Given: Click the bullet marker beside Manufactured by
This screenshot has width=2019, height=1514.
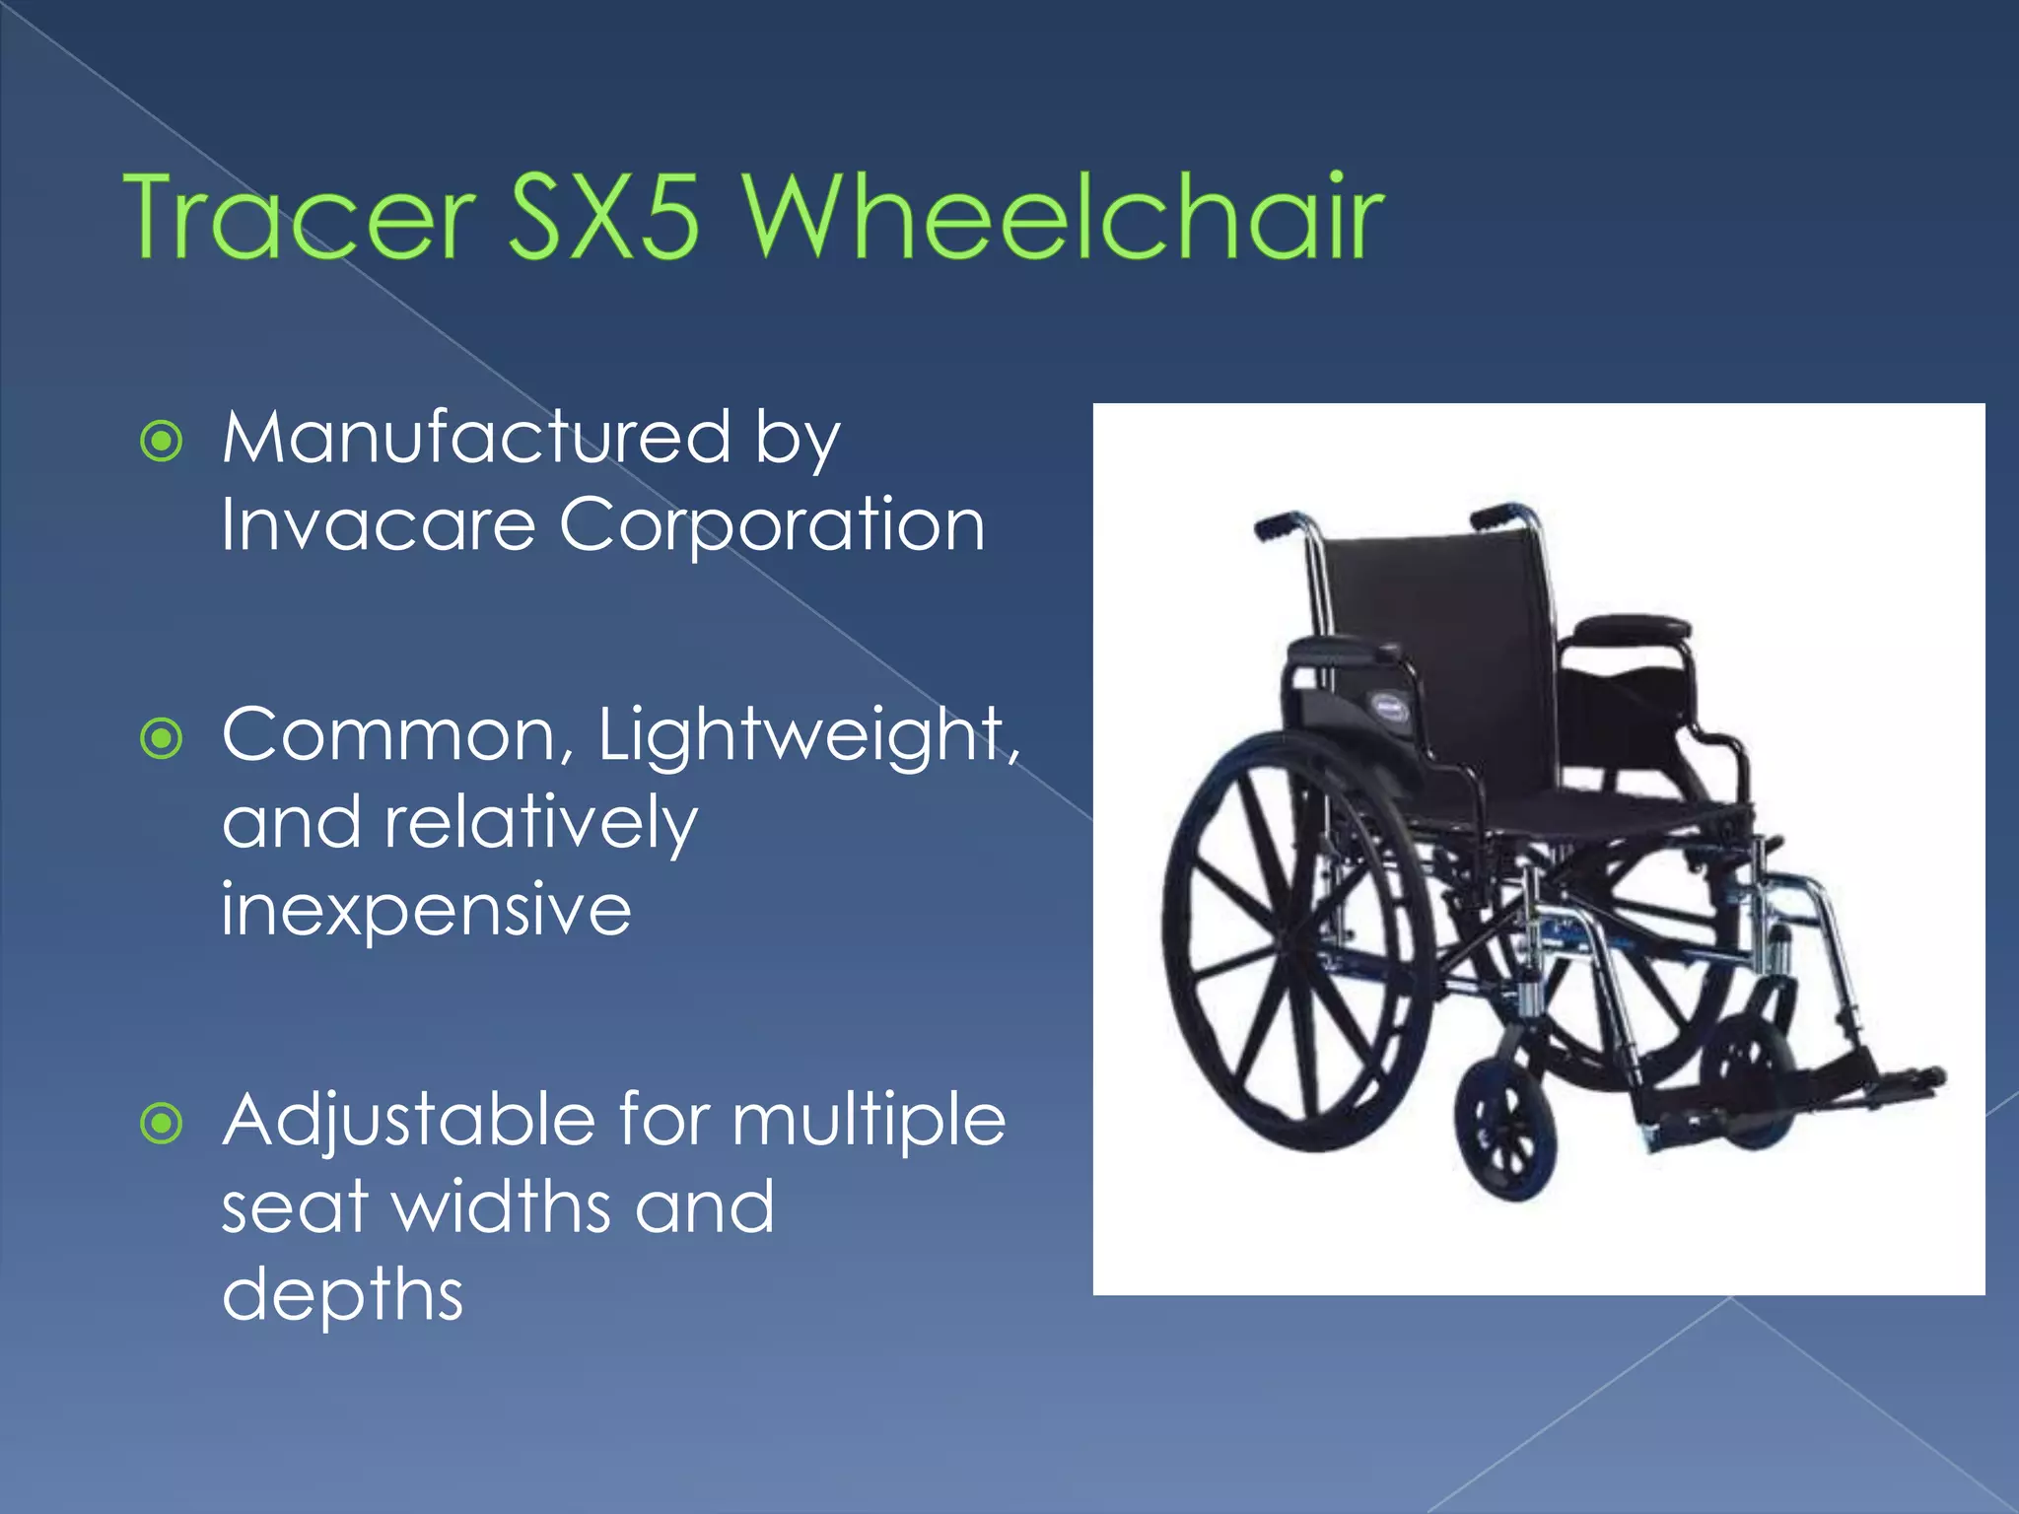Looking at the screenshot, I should click(162, 442).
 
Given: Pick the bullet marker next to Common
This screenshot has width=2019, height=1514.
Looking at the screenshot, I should click(162, 738).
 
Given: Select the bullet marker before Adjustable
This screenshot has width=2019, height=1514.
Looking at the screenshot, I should click(162, 1124).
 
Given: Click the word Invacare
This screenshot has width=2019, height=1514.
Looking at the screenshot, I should click(378, 524).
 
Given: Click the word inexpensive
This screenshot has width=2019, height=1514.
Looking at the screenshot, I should click(426, 909).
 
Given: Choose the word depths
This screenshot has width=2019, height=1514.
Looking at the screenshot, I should click(342, 1295).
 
